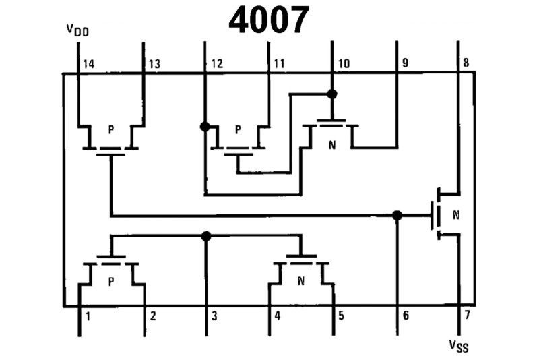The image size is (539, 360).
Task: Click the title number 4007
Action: pyautogui.click(x=269, y=20)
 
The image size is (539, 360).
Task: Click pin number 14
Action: pyautogui.click(x=88, y=64)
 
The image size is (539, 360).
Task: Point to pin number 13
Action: pyautogui.click(x=154, y=64)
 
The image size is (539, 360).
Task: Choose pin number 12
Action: pyautogui.click(x=216, y=64)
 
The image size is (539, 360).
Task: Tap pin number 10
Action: pyautogui.click(x=344, y=64)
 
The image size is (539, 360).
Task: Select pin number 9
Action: pyautogui.click(x=404, y=64)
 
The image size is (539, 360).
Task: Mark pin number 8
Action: pyautogui.click(x=466, y=64)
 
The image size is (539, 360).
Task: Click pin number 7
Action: pyautogui.click(x=465, y=315)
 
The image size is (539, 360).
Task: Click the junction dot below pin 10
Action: pyautogui.click(x=331, y=94)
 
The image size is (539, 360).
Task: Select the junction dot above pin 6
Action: pyautogui.click(x=397, y=215)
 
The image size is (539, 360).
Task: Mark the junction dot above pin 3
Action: pyautogui.click(x=206, y=236)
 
